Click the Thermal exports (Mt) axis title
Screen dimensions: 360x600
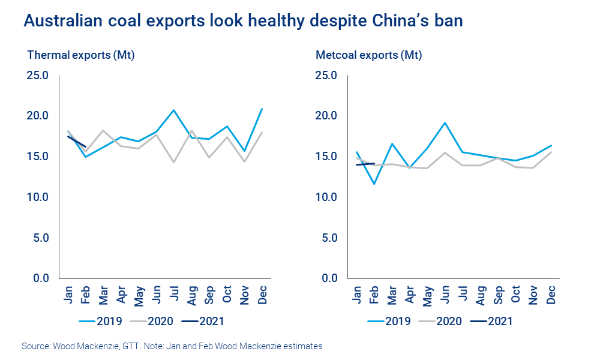[x=80, y=56]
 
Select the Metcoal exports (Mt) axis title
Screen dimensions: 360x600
[x=368, y=56]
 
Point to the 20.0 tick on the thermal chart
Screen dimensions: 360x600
[x=38, y=116]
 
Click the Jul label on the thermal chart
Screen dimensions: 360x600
[x=175, y=293]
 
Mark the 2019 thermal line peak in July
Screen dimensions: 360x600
[x=174, y=110]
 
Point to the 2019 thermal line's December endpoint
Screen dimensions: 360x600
[x=262, y=109]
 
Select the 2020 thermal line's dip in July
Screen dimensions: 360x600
[x=174, y=162]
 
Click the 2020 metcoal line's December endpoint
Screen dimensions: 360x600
[x=551, y=152]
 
